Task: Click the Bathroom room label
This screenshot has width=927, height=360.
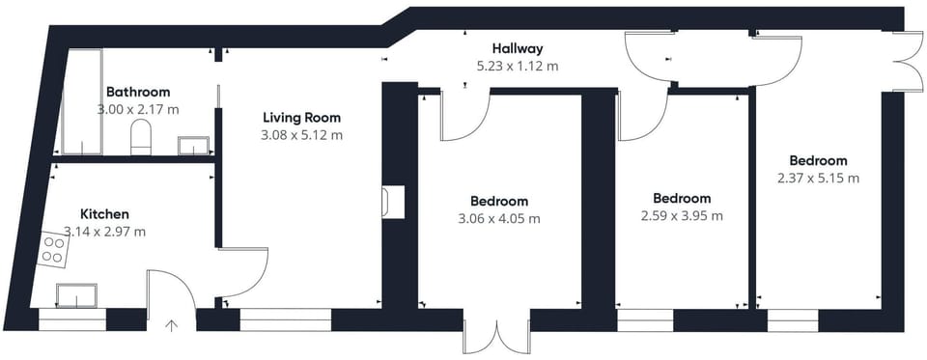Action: click(x=138, y=93)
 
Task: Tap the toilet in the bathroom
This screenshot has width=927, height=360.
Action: click(x=141, y=138)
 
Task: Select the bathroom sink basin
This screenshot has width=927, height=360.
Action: click(x=194, y=146)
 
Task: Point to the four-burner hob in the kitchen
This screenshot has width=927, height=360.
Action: click(x=54, y=250)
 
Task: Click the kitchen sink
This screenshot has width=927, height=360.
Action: click(x=76, y=294)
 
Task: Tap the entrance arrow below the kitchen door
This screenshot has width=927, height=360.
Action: click(x=172, y=326)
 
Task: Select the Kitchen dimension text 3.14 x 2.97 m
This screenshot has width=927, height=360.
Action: click(x=105, y=232)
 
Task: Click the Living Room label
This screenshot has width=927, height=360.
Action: click(x=301, y=118)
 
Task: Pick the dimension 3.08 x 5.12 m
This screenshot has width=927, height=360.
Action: click(x=301, y=135)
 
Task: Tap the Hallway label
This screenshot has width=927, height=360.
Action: click(x=518, y=48)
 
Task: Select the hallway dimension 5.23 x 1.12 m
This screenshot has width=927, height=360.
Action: click(x=518, y=67)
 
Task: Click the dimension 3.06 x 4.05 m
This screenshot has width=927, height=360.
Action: click(x=499, y=219)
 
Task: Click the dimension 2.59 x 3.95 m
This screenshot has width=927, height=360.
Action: click(x=681, y=216)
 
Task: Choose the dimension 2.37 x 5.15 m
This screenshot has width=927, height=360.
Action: click(x=818, y=178)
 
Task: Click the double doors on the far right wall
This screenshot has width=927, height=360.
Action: click(x=905, y=62)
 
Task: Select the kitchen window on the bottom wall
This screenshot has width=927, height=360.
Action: click(x=72, y=319)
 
